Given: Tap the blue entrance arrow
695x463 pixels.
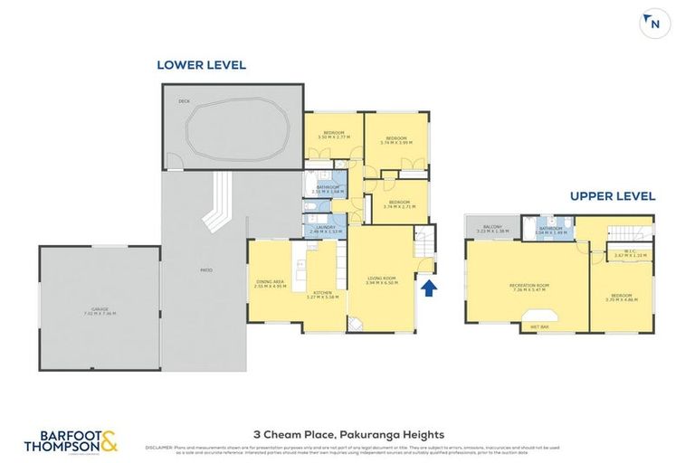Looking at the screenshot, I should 430,288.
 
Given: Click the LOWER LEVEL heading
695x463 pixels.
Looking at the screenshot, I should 201,65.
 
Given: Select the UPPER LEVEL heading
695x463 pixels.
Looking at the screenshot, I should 612,196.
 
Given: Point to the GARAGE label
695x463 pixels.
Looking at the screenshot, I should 100,311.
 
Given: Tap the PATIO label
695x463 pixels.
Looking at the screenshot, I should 205,270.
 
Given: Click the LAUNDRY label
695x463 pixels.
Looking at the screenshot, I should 324,229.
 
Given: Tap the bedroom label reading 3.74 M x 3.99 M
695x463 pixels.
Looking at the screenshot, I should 396,140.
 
